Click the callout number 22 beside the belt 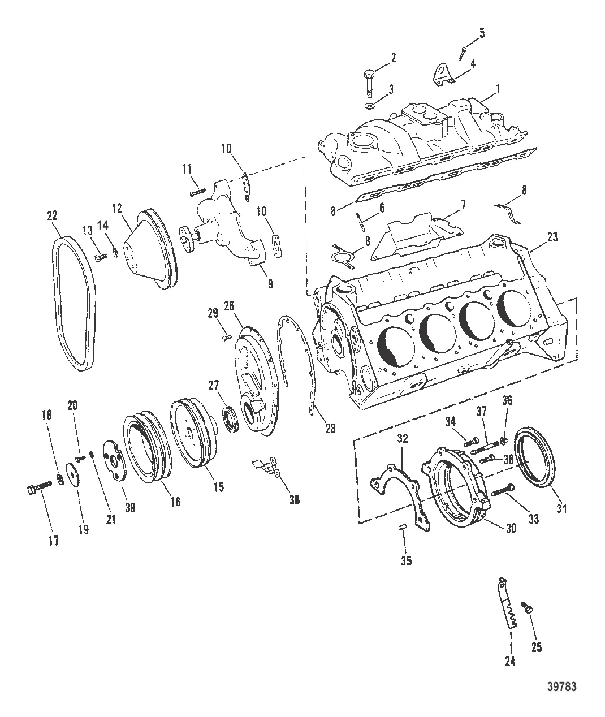(53, 215)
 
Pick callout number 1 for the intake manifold (498, 89)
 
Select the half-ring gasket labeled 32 (396, 486)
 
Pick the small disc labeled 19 (74, 473)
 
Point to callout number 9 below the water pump (270, 284)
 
